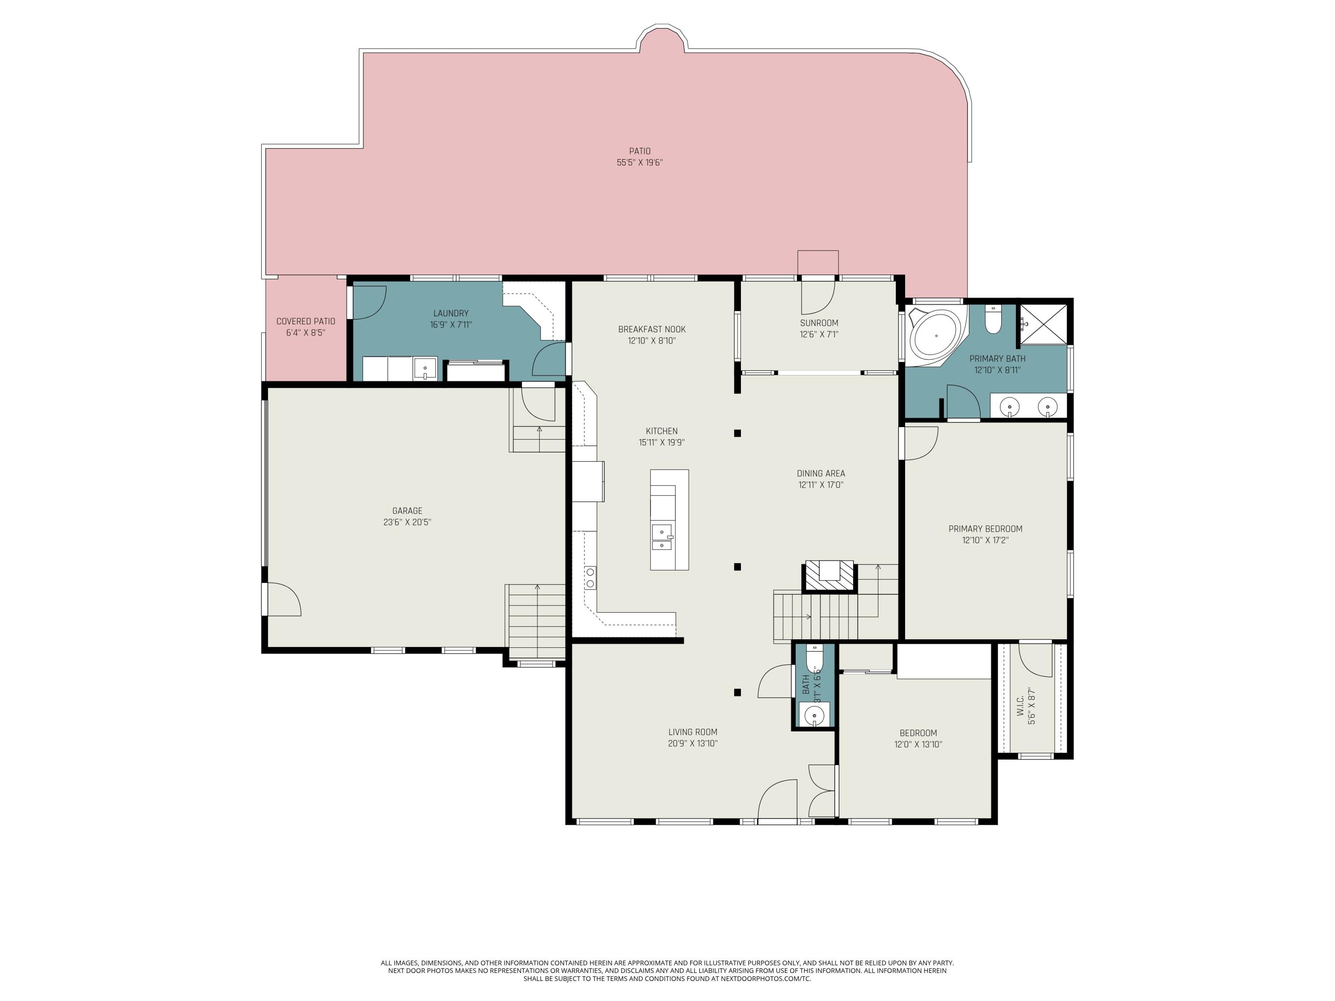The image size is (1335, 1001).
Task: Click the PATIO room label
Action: (x=640, y=151)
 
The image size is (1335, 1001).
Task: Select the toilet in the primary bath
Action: (x=993, y=320)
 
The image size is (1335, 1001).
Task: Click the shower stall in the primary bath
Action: (x=1043, y=324)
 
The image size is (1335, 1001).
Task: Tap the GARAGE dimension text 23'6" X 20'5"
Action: (x=407, y=522)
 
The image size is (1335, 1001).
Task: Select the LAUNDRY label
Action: (x=451, y=313)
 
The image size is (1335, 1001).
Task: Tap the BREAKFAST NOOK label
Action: (x=652, y=329)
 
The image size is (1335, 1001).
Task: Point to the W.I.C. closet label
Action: (x=1020, y=706)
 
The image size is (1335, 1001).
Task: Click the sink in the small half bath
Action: (x=814, y=715)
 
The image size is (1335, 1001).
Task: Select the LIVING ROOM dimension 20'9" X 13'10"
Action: (x=692, y=743)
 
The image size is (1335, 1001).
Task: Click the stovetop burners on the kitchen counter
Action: (x=590, y=577)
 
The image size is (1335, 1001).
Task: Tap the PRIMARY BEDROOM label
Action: (x=985, y=529)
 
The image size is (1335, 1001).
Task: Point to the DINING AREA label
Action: (x=820, y=473)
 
